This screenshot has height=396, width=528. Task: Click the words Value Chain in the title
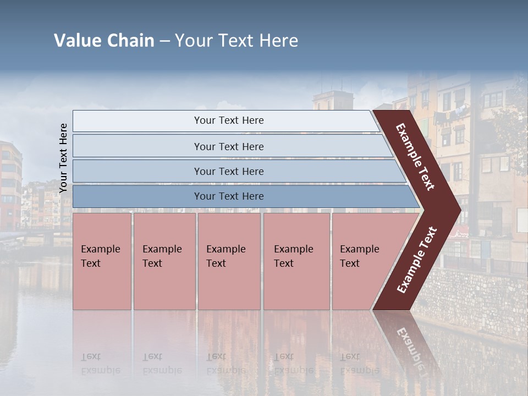104,41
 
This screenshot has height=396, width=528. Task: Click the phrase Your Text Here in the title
237,41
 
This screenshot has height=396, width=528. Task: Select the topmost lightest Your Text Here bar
229,120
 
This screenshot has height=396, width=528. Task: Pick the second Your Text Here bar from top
229,146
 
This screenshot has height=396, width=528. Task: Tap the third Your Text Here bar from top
229,171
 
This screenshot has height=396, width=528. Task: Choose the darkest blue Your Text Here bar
229,196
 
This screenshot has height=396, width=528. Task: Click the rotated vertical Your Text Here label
63,158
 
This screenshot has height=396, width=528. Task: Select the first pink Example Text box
102,261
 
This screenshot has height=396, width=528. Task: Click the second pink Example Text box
164,261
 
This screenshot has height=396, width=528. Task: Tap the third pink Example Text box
228,261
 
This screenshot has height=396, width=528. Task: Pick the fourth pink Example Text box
296,261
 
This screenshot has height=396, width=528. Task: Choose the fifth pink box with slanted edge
363,261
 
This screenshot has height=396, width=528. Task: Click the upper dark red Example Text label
415,157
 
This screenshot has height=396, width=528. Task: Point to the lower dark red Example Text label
417,260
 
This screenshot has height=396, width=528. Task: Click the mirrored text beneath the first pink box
101,364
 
